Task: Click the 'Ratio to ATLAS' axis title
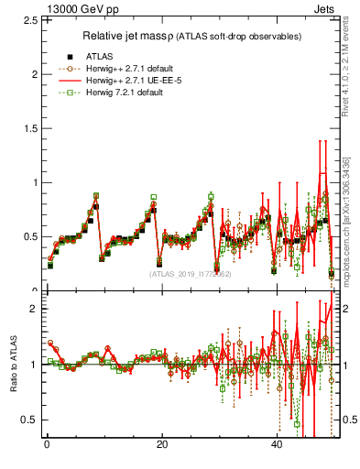[12, 364]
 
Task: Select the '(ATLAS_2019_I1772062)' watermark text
[190, 274]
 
